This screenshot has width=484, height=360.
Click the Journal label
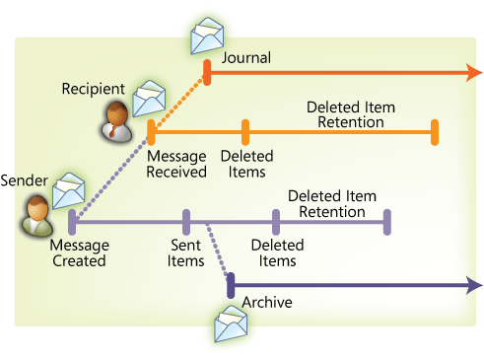[246, 58]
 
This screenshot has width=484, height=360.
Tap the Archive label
[267, 302]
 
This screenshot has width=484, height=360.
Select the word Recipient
[94, 89]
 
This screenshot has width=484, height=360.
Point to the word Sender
[24, 180]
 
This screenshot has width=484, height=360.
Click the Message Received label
[176, 164]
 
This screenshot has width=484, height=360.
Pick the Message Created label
[80, 252]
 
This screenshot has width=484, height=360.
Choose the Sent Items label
[185, 252]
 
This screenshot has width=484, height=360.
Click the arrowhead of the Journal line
[475, 73]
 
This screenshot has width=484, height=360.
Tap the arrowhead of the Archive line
[475, 285]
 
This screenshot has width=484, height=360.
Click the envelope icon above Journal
[207, 36]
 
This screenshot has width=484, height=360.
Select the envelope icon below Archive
[231, 324]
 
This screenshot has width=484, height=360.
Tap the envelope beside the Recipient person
[149, 99]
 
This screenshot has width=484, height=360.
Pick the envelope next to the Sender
[69, 191]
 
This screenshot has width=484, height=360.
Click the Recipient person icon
[117, 121]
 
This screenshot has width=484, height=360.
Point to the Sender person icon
[37, 215]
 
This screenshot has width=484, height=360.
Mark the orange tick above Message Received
[151, 132]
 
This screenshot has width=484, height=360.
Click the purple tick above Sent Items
[186, 222]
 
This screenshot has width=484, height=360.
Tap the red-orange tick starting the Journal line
[207, 73]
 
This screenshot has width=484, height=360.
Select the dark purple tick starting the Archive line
[231, 285]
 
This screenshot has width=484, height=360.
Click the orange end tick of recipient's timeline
[435, 132]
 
